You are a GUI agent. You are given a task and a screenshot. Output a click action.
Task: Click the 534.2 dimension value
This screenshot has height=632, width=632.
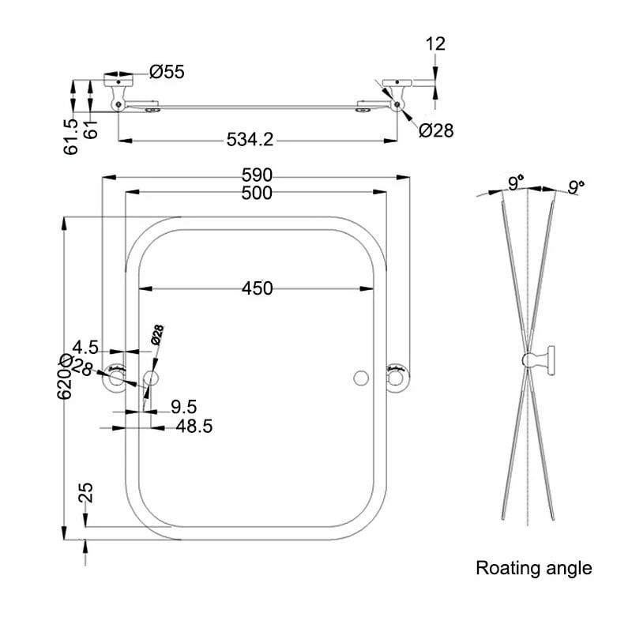point(250,140)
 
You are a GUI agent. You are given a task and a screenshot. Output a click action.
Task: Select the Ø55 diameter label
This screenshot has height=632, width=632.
point(167,72)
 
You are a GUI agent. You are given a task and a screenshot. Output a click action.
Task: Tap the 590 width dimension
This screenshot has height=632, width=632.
point(257,175)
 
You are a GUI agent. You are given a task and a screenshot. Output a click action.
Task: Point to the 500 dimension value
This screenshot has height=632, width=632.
point(257,193)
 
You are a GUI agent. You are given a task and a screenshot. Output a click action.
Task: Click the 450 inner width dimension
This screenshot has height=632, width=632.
point(257,288)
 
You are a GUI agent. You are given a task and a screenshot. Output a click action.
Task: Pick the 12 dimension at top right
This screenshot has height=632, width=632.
point(435,43)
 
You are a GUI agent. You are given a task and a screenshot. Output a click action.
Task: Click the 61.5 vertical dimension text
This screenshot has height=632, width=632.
point(72,135)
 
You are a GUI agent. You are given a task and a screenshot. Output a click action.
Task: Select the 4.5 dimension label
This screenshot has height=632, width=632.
point(85,347)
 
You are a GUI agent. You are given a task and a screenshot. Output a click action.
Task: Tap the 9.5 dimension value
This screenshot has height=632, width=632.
point(183,407)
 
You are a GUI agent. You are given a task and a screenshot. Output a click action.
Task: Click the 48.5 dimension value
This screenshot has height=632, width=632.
point(193,426)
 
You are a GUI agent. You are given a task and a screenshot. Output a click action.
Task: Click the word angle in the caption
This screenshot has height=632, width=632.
point(566,569)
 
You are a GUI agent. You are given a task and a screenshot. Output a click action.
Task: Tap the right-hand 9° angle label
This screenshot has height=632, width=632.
point(577,187)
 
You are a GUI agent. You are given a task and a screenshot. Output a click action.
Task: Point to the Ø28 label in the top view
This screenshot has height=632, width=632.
point(436,130)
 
